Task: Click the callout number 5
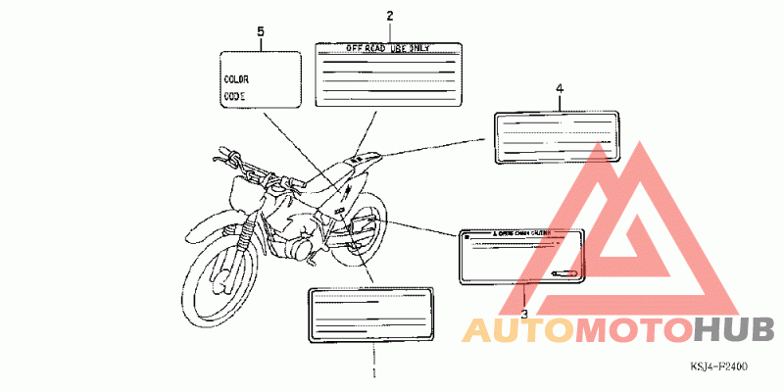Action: [x=261, y=32]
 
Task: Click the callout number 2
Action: [x=389, y=16]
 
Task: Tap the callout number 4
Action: [x=560, y=90]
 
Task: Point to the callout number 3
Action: [x=524, y=314]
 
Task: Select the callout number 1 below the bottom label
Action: [x=373, y=373]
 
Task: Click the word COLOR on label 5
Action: [x=236, y=77]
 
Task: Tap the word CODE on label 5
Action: [x=234, y=96]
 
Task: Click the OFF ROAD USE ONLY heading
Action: [x=388, y=47]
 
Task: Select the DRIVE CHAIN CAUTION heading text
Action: [x=520, y=235]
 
